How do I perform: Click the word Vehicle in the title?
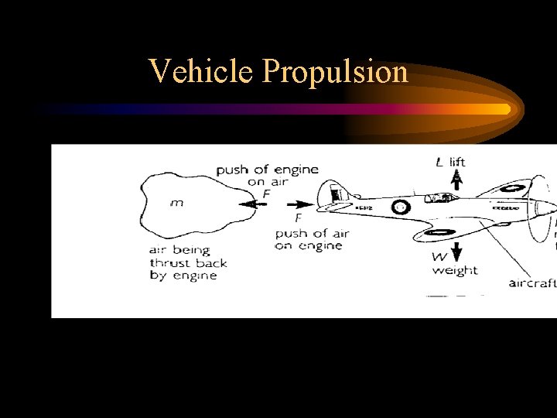coord(203,71)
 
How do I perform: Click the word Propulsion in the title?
coord(335,71)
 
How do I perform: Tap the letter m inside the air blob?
coord(177,204)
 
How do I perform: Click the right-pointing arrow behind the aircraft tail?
coord(301,205)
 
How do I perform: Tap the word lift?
coord(457,162)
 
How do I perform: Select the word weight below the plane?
coord(455,270)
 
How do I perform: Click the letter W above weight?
coord(439,255)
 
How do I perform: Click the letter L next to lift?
coord(439,162)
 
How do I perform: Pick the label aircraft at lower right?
coord(532,283)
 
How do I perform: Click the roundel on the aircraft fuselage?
coord(401,207)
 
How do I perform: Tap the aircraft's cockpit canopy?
coord(442,198)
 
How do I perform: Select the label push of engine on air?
coord(267,176)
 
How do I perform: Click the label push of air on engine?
coord(312,239)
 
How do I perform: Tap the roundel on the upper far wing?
coord(510,187)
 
